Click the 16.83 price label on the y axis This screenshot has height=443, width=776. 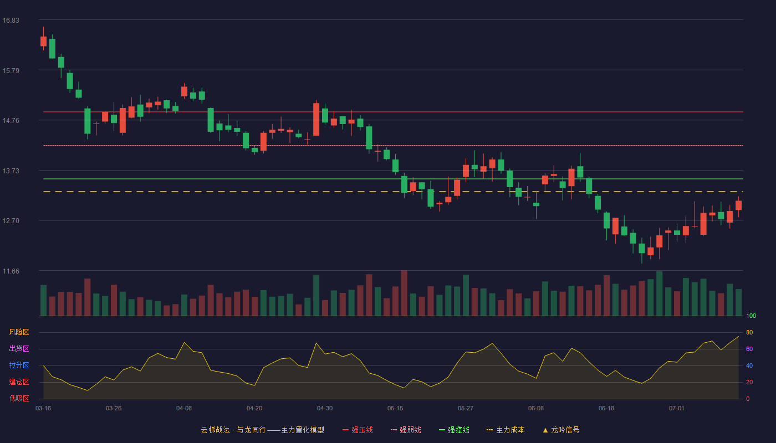click(11, 20)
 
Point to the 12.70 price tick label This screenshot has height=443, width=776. click(11, 221)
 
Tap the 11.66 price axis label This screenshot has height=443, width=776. click(11, 271)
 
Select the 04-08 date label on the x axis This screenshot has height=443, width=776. click(184, 409)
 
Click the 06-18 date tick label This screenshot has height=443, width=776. click(606, 409)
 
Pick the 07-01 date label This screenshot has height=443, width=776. click(677, 409)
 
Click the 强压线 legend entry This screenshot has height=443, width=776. click(358, 430)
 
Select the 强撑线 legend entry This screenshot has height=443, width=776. click(454, 430)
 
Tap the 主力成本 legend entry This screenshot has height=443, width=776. click(506, 430)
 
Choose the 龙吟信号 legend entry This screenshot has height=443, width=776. click(561, 430)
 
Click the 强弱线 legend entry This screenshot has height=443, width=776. click(406, 430)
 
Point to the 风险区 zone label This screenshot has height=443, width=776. click(19, 332)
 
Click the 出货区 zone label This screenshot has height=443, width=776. click(19, 348)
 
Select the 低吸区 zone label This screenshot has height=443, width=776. click(19, 398)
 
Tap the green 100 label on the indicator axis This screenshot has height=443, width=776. click(751, 316)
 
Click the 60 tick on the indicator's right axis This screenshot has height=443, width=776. click(749, 349)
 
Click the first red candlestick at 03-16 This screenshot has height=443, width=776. click(43, 41)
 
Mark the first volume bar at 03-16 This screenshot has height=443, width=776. click(43, 300)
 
